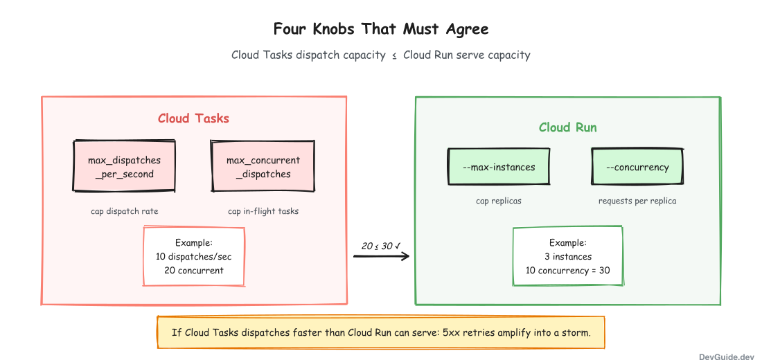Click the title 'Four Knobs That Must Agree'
[x=381, y=29]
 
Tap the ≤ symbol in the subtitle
[x=394, y=55]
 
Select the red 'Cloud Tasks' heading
[x=193, y=118]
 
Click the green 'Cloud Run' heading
[x=568, y=127]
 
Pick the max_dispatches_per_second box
[x=124, y=167]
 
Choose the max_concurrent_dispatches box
[x=263, y=167]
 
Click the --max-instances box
[x=499, y=167]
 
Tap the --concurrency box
[x=637, y=167]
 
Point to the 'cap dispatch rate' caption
[x=125, y=211]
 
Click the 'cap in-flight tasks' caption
[x=263, y=211]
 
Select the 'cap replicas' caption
[x=499, y=201]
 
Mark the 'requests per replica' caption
[x=637, y=201]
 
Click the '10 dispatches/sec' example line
[x=194, y=257]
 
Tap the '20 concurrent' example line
[x=194, y=271]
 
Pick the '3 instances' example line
[x=568, y=257]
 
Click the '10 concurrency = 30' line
[x=568, y=271]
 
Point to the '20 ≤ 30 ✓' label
[x=381, y=246]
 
